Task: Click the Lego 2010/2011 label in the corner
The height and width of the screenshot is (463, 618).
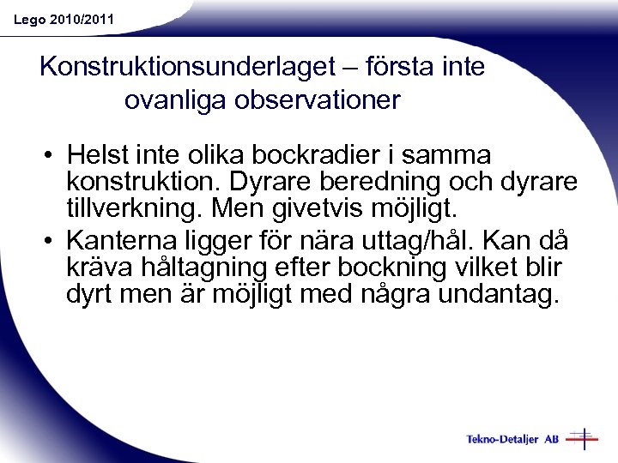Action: coord(64,18)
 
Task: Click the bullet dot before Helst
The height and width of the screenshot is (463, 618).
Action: coord(52,156)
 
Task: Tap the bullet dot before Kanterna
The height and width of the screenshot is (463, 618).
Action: coord(52,238)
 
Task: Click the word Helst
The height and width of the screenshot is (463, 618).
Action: coord(96,155)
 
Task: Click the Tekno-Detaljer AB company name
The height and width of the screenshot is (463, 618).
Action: coord(512,439)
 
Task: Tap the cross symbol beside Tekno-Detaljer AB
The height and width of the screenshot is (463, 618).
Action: coord(584,438)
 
